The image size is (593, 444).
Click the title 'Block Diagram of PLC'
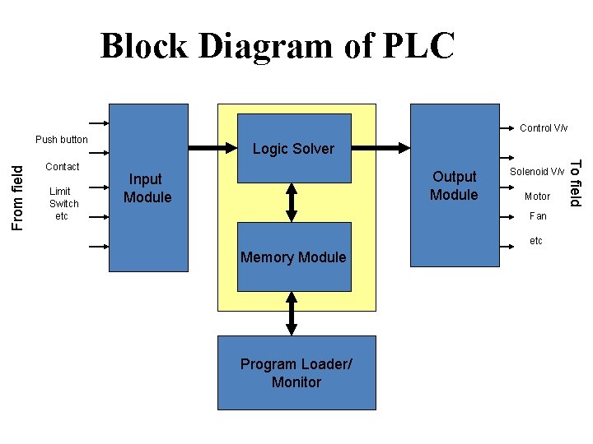277,46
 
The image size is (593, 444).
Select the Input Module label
147,188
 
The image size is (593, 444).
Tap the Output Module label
454,186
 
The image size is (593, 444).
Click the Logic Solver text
293,149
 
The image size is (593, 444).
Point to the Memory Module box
293,257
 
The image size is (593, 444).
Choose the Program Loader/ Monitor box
296,372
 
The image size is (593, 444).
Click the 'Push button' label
62,140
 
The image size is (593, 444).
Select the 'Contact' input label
63,167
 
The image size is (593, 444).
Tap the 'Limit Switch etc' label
63,203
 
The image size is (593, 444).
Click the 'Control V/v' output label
543,128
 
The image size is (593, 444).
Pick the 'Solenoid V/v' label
537,171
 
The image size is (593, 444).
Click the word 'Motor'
537,197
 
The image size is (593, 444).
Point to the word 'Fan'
537,216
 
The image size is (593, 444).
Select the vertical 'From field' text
18,197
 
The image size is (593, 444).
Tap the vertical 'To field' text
577,183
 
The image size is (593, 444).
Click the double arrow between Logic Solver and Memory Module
292,202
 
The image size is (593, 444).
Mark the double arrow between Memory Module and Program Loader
292,313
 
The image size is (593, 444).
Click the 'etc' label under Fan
536,241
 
